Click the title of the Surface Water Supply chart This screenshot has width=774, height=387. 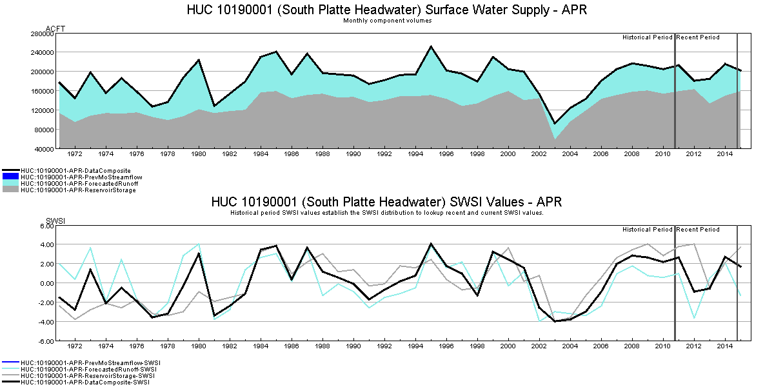point(387,10)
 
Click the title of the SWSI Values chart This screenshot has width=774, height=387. point(386,202)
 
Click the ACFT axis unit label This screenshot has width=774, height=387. point(55,28)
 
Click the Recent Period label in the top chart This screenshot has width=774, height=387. point(698,37)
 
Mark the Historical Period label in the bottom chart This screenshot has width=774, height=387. point(647,230)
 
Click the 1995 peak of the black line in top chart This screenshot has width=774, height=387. point(431,46)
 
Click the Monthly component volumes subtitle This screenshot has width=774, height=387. point(387,21)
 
